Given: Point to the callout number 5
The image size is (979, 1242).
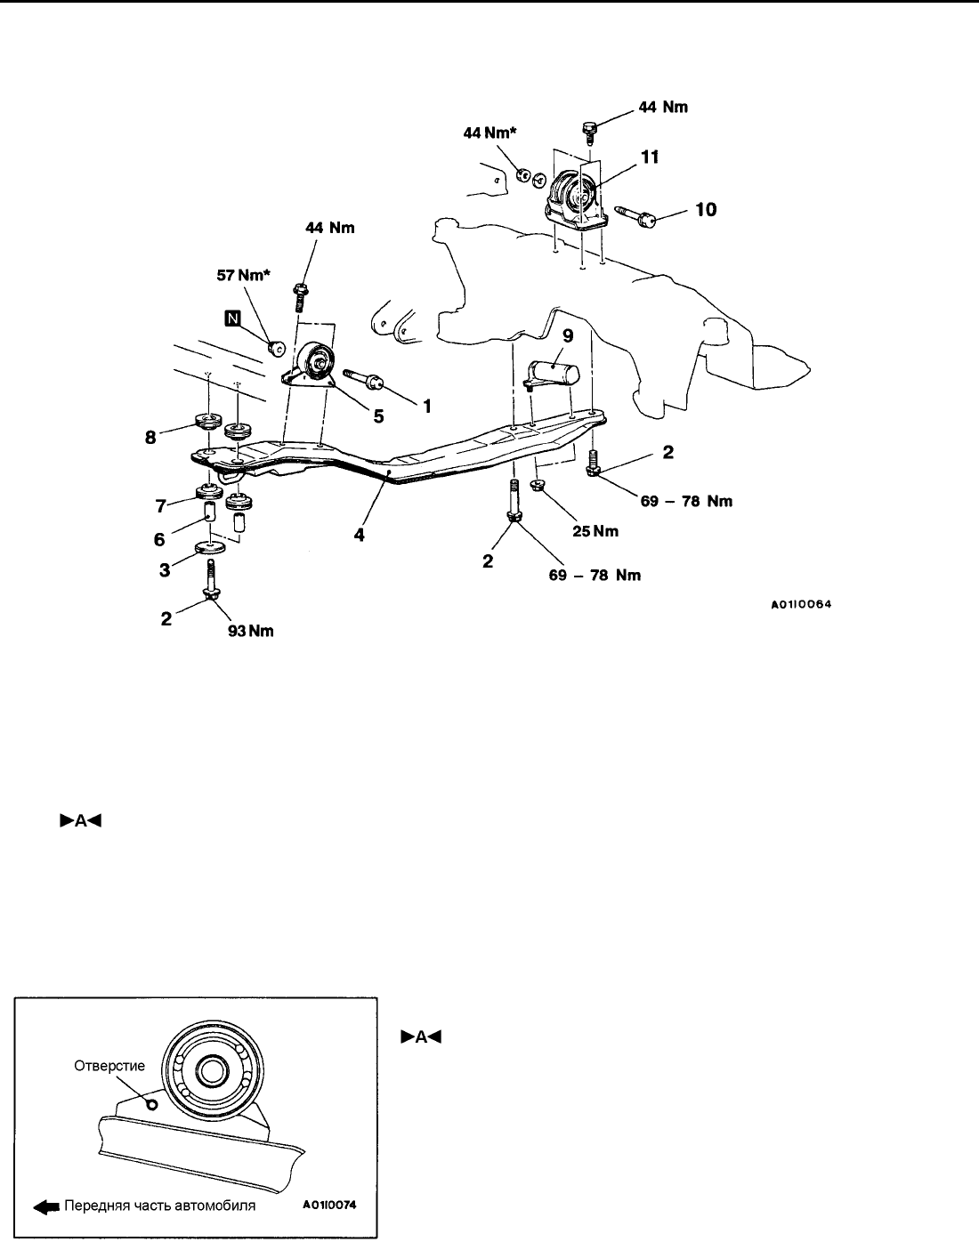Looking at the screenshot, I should (378, 415).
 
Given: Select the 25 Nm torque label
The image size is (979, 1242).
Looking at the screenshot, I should (595, 531).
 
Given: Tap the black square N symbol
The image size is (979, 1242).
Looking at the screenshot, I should (232, 317).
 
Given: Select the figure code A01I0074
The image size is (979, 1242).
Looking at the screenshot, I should (330, 1207).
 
